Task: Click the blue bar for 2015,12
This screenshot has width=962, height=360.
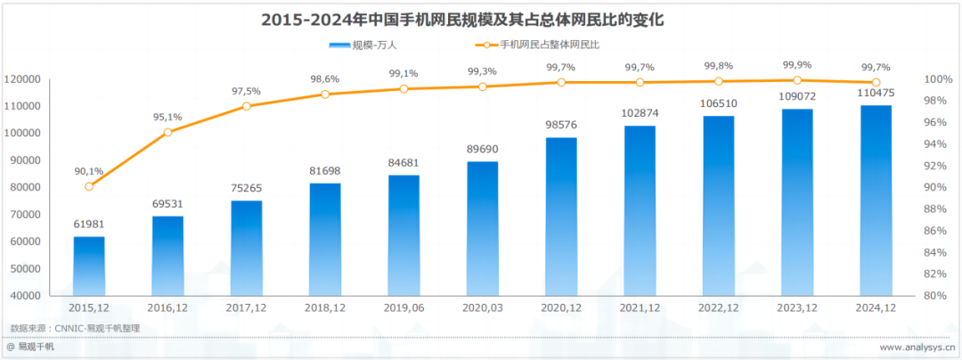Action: click(89, 266)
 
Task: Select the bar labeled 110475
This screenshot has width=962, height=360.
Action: click(876, 200)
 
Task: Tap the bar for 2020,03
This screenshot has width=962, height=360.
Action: click(482, 228)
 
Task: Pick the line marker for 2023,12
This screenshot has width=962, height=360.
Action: click(797, 80)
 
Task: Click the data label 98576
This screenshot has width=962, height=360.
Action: click(561, 125)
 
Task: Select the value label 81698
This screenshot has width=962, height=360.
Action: click(325, 170)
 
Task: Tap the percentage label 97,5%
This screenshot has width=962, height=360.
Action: click(247, 91)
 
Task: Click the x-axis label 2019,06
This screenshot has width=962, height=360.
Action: click(404, 308)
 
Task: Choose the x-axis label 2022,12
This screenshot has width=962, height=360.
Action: click(718, 308)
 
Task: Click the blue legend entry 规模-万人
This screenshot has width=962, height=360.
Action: click(361, 44)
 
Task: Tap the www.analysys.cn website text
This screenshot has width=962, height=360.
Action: click(917, 348)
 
